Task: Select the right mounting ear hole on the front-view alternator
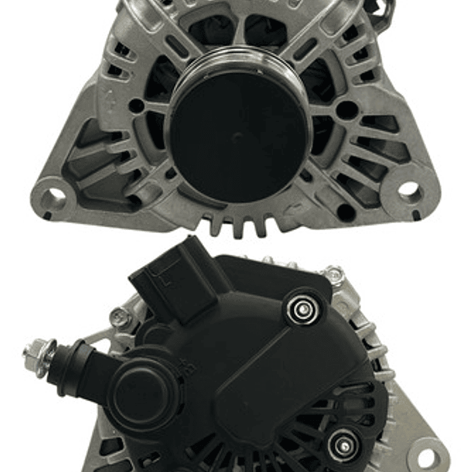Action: pyautogui.click(x=409, y=190)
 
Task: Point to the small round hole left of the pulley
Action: pyautogui.click(x=136, y=105)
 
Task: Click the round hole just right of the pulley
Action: pyautogui.click(x=345, y=110)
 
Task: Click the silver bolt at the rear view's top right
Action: pyautogui.click(x=333, y=275)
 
